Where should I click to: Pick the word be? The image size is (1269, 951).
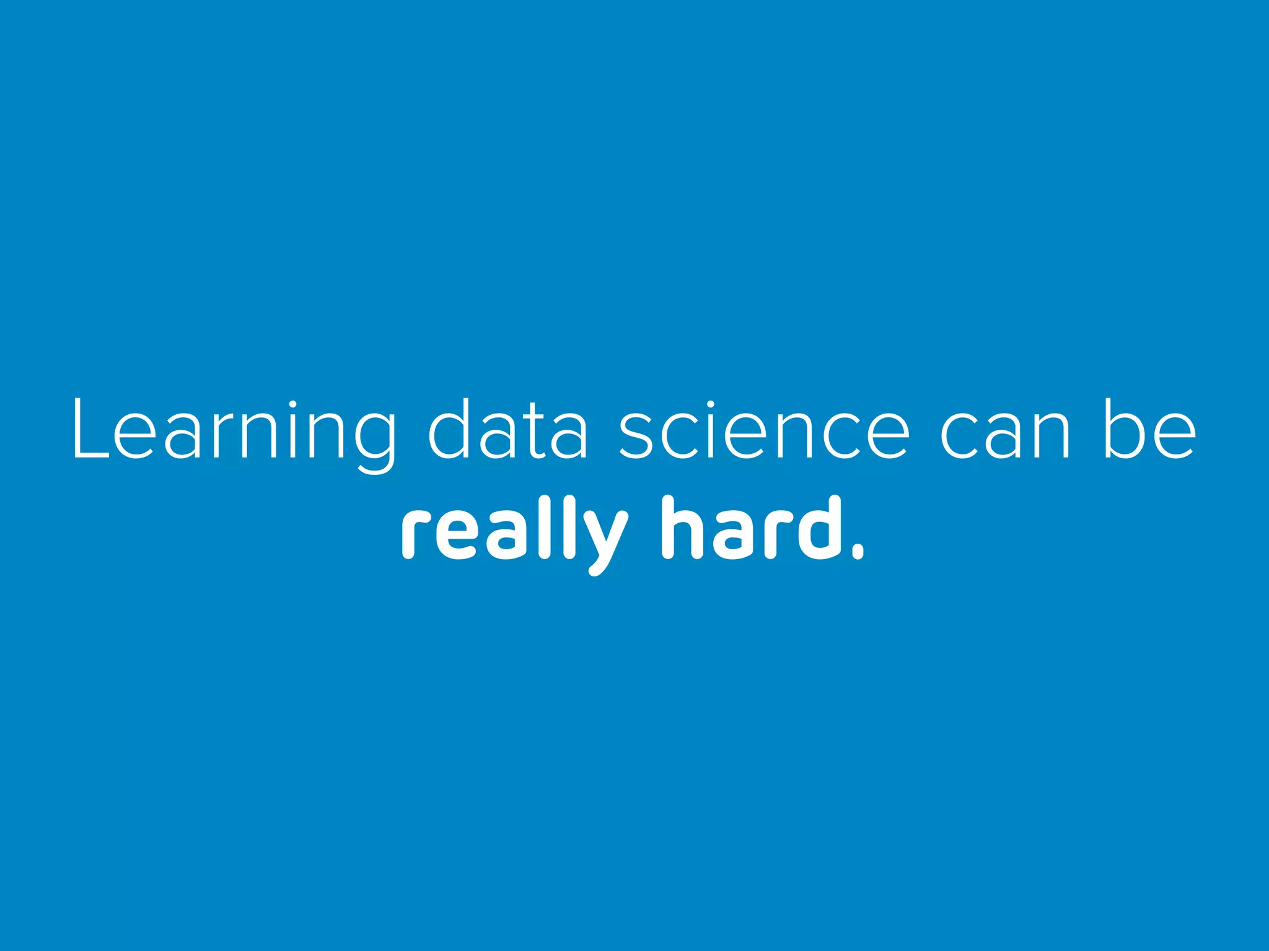point(1150,430)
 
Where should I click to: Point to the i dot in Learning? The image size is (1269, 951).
point(292,406)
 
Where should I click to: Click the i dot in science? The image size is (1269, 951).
point(710,406)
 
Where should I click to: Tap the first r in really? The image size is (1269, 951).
point(415,536)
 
